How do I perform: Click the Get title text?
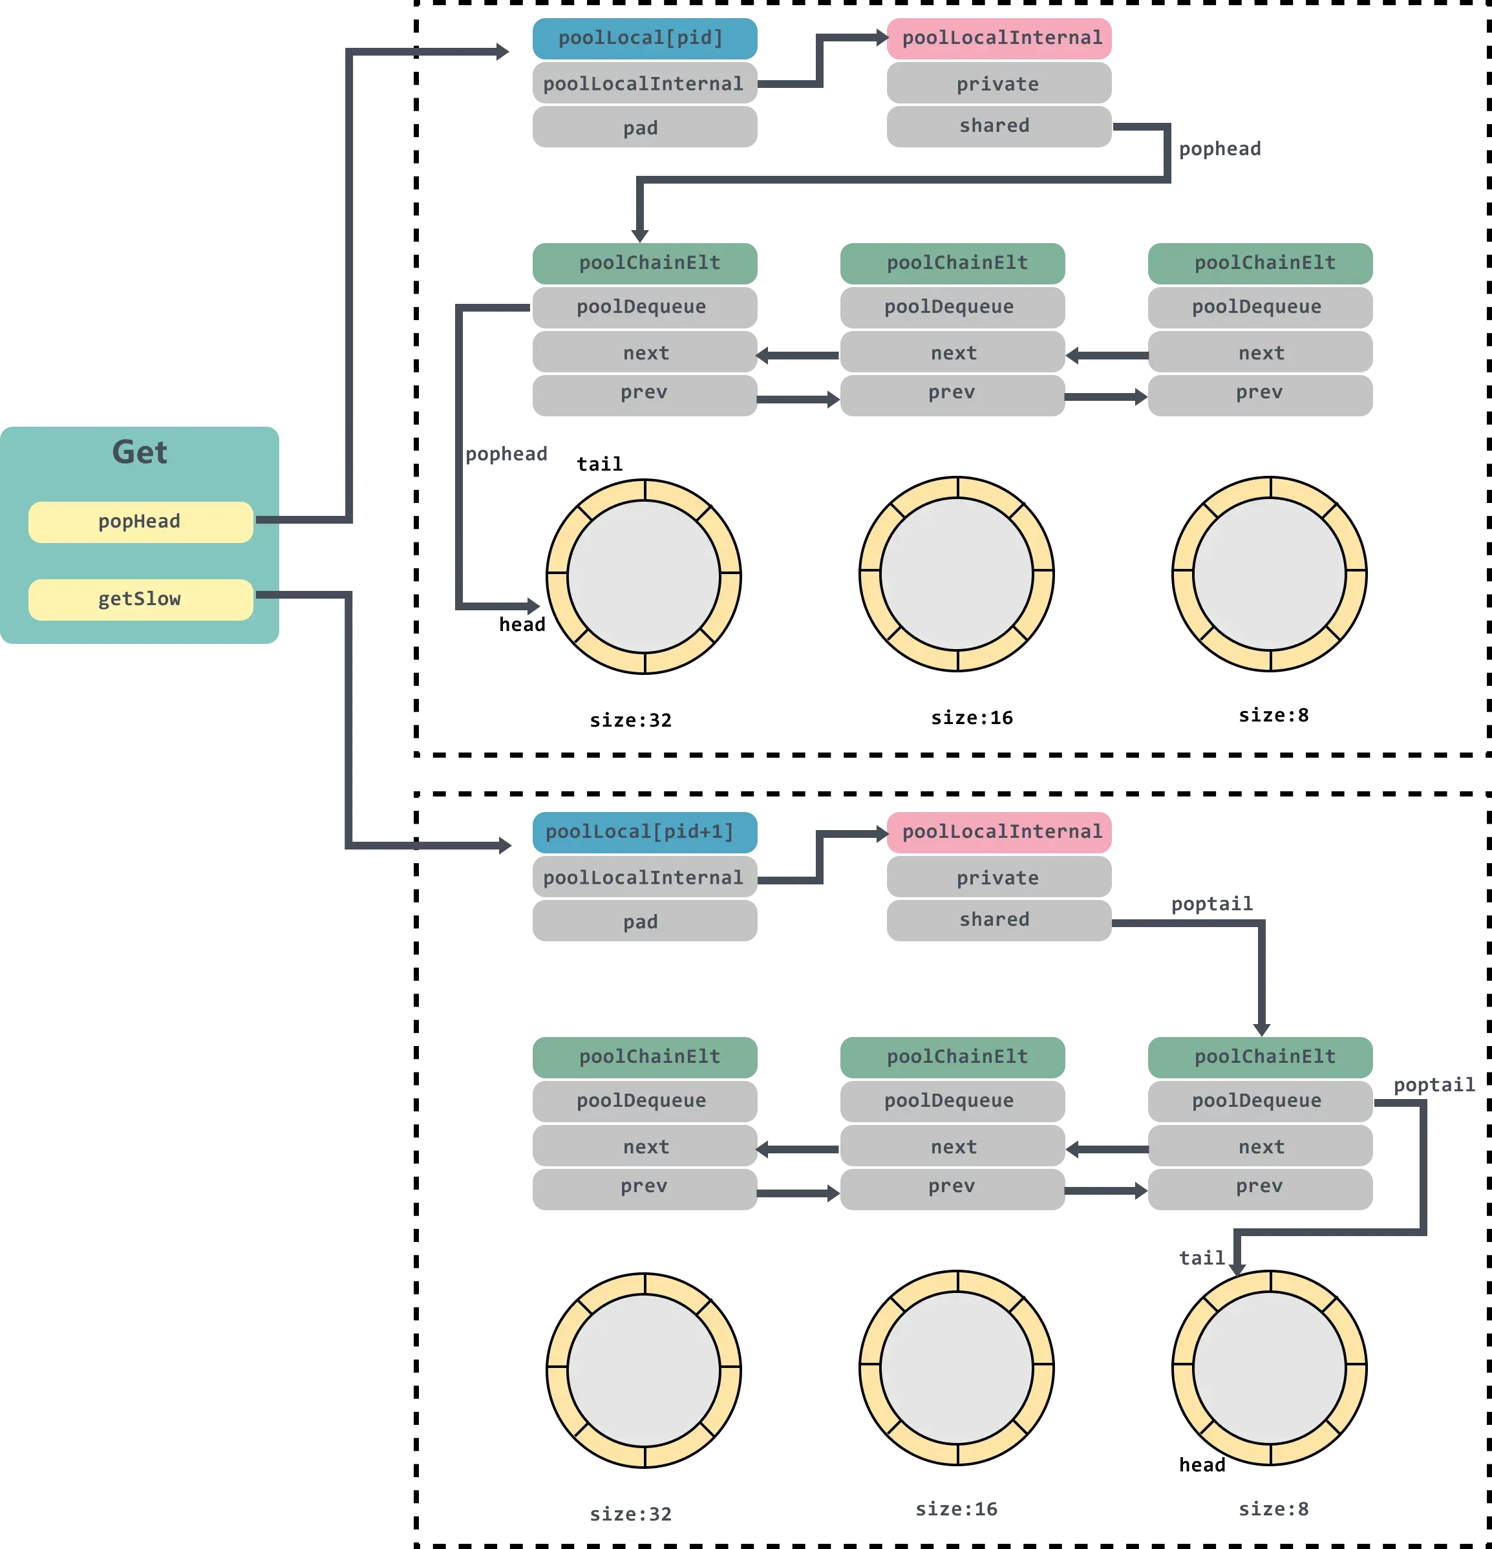[x=139, y=452]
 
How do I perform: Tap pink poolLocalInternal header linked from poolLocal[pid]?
[x=999, y=38]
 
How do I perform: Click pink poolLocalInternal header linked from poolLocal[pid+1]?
[x=999, y=832]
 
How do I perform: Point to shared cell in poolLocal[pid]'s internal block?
[x=996, y=125]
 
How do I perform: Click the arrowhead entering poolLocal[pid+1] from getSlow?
[x=504, y=846]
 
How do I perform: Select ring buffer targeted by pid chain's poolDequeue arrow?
[x=644, y=577]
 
